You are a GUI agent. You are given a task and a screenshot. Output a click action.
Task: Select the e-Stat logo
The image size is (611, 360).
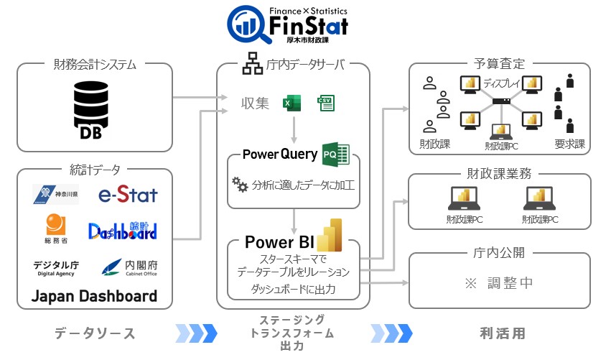coord(128,194)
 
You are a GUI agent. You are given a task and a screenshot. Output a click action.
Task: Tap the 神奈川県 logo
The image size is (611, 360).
coord(55,194)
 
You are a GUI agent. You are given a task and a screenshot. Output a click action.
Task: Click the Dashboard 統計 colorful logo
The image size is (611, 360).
coord(123,230)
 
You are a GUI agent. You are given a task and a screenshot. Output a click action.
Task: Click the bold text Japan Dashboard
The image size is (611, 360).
coord(94,296)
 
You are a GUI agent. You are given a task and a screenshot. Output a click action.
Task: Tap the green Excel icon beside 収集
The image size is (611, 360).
coord(291,103)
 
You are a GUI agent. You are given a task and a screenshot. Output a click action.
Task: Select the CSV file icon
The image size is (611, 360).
coord(326,103)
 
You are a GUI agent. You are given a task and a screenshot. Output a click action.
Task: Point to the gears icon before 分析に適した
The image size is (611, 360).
coord(239,185)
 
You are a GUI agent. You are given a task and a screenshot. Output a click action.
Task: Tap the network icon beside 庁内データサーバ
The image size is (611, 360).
coord(251,65)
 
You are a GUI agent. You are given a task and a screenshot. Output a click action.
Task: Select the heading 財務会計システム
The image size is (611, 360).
coord(94,65)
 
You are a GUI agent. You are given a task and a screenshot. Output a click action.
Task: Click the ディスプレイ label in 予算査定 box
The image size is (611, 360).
coord(503,83)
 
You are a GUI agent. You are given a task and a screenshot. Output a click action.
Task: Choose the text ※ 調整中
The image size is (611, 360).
coord(499,283)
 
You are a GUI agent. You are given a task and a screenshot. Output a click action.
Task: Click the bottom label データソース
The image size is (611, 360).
coord(95,333)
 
